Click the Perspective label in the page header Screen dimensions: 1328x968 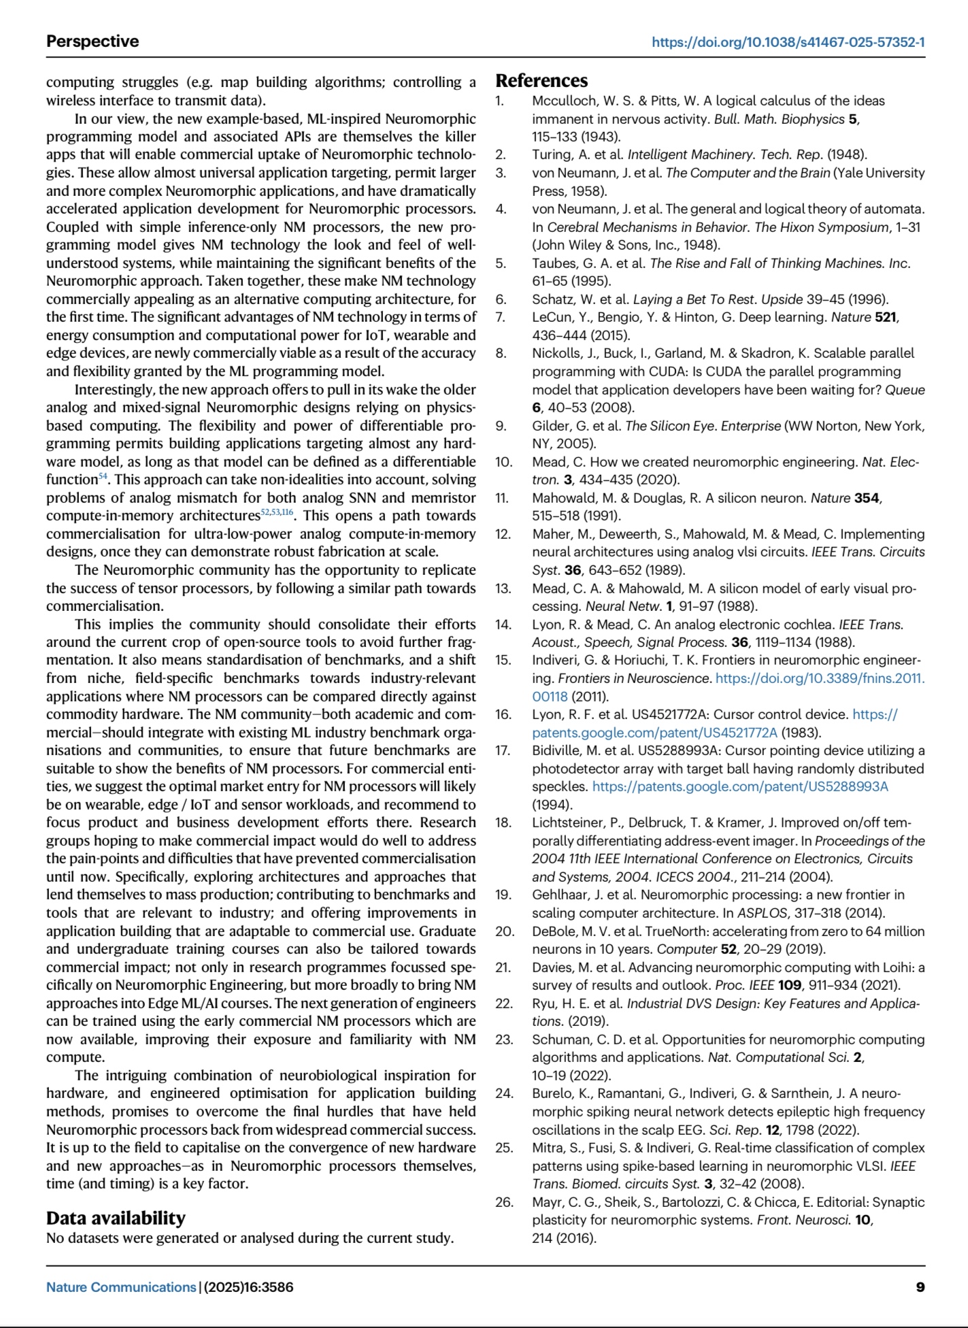93,41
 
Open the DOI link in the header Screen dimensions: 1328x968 788,42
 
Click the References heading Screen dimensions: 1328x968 541,81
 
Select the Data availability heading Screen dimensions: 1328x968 116,1217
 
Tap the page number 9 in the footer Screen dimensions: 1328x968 920,1286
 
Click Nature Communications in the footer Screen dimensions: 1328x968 121,1287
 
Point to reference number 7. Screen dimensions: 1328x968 501,318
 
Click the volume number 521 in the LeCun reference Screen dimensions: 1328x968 886,318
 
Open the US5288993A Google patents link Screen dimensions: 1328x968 740,787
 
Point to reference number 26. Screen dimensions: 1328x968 504,1202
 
